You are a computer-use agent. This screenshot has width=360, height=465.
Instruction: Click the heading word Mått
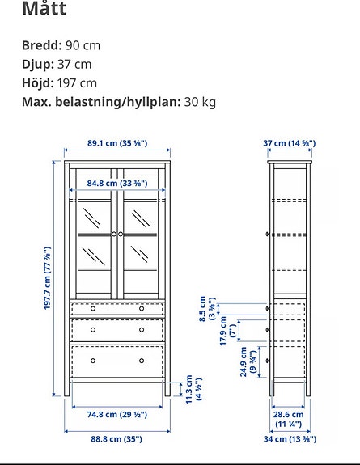tap(44, 9)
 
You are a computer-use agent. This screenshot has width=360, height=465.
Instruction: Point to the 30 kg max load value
tap(201, 102)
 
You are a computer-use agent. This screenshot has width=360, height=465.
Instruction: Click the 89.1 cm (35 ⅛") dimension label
tap(117, 143)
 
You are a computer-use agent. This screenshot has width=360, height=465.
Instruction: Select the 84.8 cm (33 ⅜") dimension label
tap(117, 184)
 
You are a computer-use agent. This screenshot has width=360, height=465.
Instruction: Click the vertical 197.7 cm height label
tap(48, 279)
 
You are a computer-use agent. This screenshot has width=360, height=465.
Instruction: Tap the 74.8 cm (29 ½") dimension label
tap(116, 414)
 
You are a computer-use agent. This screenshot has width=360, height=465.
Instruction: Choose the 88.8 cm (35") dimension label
tap(116, 439)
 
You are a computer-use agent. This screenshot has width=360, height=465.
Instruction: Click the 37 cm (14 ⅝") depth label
tap(289, 143)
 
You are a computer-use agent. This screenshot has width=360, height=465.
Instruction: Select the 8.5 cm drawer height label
tap(207, 308)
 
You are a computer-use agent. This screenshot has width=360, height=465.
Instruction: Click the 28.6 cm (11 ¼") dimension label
tap(288, 418)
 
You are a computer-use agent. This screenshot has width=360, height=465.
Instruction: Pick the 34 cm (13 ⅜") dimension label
tap(289, 439)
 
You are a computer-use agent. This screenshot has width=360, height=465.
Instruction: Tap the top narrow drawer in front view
tap(117, 308)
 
